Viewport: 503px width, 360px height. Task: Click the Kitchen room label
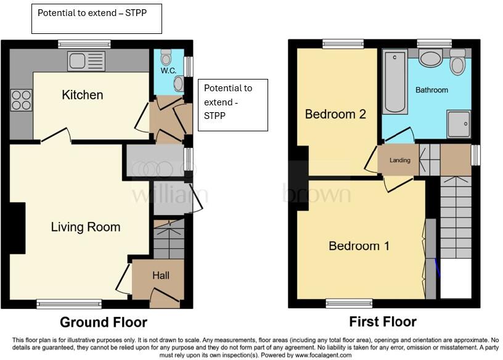[x=82, y=95]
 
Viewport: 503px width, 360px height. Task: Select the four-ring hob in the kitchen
[x=21, y=100]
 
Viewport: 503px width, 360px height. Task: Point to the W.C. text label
[x=168, y=71]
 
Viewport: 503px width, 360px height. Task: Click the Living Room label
[x=85, y=227]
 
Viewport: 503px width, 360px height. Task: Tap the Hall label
[x=161, y=276]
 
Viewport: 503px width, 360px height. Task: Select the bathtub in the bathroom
[x=395, y=83]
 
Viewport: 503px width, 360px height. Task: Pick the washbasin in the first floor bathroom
[x=430, y=59]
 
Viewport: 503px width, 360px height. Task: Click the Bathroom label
[x=431, y=90]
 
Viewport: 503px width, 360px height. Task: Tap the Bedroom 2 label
[x=335, y=114]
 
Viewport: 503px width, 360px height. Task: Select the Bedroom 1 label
[x=359, y=246]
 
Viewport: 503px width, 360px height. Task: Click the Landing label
[x=399, y=160]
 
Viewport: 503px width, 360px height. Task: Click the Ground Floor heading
[x=103, y=322]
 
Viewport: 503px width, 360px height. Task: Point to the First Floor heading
[x=382, y=322]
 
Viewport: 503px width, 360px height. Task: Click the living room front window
[x=69, y=303]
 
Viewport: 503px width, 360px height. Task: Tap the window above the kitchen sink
[x=84, y=44]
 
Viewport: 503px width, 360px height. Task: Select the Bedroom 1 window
[x=349, y=303]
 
